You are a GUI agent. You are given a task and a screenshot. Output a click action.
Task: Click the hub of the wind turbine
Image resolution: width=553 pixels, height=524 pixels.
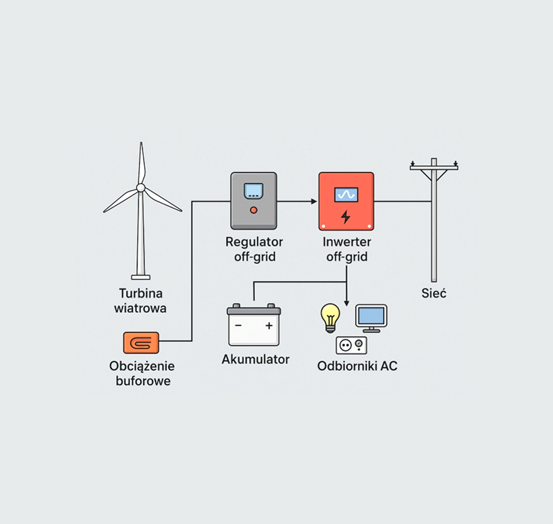[x=140, y=188]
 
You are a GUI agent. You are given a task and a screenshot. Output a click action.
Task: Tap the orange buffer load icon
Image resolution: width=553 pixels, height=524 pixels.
[x=141, y=343]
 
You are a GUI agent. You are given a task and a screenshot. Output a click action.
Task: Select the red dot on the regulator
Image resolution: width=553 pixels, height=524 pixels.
[x=254, y=210]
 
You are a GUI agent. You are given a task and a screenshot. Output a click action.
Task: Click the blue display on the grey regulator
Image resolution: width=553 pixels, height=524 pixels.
[x=254, y=189]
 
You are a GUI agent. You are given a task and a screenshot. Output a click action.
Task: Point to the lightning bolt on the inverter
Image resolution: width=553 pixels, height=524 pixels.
[x=346, y=216]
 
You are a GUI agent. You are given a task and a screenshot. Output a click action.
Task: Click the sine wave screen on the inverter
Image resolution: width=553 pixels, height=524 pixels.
[x=346, y=194]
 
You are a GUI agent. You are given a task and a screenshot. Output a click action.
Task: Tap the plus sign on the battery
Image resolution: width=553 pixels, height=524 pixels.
[x=269, y=326]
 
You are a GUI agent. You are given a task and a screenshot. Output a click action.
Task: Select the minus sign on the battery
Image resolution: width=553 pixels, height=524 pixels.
[x=238, y=326]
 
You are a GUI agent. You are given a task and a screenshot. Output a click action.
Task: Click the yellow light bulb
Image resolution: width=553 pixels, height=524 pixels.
[x=331, y=317]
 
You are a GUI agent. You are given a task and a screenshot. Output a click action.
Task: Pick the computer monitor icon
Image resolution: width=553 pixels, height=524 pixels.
[x=371, y=317]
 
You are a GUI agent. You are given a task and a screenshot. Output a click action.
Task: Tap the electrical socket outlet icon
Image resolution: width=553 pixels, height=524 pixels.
[x=351, y=345]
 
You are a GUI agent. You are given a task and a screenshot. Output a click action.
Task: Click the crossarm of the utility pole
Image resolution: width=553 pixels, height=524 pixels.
[x=434, y=167]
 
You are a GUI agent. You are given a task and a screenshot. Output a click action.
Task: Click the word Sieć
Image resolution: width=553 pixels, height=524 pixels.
[x=434, y=293]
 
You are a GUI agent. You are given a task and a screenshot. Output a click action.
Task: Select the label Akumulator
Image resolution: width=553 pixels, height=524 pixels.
[x=255, y=360]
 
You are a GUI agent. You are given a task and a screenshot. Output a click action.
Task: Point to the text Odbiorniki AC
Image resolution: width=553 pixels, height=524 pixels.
[x=357, y=366]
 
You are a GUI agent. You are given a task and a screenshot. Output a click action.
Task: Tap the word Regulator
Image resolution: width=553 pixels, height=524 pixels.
[x=254, y=242]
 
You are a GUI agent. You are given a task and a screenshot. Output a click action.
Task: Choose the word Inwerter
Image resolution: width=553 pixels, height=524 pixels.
[x=347, y=242]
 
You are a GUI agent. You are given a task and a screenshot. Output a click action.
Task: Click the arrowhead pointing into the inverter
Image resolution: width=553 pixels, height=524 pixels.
[x=314, y=201]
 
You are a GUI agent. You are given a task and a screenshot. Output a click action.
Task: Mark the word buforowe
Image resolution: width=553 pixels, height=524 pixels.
[x=143, y=381]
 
